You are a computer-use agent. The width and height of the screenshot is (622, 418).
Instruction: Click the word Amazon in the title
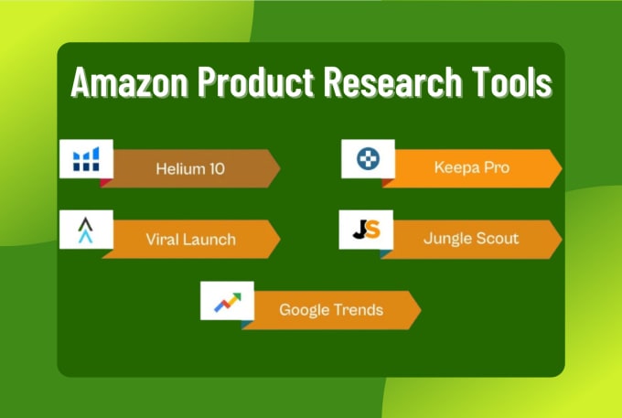tap(129, 82)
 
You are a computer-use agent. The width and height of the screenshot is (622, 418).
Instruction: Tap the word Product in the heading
tap(256, 82)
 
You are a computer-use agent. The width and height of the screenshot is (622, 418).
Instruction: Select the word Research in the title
tap(392, 82)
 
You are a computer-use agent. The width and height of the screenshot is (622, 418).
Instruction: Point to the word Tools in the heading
tap(511, 82)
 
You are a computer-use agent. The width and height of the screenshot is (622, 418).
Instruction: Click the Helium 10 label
tap(190, 169)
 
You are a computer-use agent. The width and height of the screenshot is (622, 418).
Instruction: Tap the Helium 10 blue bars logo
tap(86, 159)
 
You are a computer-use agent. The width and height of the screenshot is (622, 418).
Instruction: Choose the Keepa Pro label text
tap(472, 167)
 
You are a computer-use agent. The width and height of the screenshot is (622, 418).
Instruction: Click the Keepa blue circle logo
tap(368, 158)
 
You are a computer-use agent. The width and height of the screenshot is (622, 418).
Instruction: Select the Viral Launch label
tap(191, 240)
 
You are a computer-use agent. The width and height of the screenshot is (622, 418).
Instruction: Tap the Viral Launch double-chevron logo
tap(86, 230)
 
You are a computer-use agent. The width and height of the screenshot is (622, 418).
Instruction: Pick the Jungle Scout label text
tap(471, 239)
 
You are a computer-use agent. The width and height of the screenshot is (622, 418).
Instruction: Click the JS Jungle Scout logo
tap(367, 230)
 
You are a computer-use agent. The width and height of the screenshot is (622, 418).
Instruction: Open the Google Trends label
tap(331, 310)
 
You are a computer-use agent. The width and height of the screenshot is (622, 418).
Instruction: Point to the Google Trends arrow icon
tap(228, 302)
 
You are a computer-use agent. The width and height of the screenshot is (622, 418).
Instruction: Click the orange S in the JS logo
tap(373, 230)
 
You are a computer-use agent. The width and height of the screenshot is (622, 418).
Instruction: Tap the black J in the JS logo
tap(359, 230)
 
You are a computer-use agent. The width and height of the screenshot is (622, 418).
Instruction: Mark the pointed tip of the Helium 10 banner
tap(280, 168)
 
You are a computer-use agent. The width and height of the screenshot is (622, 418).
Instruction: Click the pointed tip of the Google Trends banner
tap(421, 310)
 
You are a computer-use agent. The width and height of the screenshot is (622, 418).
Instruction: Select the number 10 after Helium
tap(218, 169)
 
